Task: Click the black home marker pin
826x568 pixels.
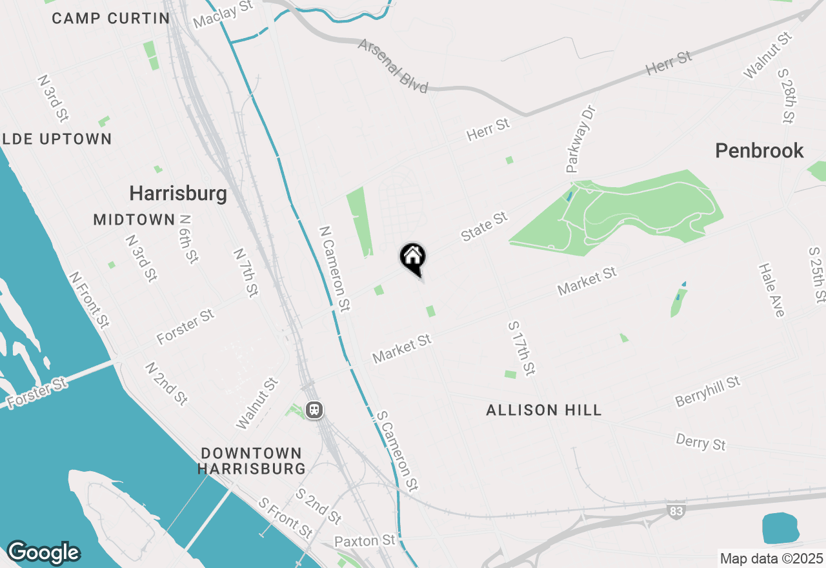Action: click(413, 258)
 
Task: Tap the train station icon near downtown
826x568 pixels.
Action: click(314, 410)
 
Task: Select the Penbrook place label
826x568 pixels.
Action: click(760, 151)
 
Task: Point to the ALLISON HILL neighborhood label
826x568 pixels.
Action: click(544, 410)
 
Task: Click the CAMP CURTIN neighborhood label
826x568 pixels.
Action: click(110, 18)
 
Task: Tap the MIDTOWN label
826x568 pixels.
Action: click(134, 219)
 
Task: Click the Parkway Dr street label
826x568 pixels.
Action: click(581, 139)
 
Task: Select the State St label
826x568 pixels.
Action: click(485, 227)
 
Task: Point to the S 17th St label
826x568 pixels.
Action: click(521, 348)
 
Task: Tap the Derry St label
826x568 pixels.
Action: click(701, 442)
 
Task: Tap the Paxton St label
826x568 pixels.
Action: click(365, 540)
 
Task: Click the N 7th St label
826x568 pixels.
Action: click(246, 273)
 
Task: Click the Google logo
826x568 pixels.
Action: click(43, 553)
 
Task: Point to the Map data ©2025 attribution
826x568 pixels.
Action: click(771, 558)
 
